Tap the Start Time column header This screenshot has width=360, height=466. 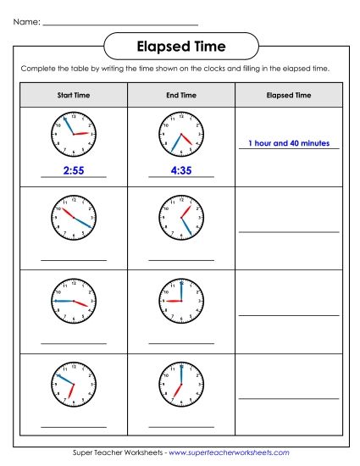[73, 96]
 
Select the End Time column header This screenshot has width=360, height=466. [181, 96]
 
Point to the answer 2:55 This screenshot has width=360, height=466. [74, 170]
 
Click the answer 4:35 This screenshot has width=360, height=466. [181, 170]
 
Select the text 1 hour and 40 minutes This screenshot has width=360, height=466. [289, 143]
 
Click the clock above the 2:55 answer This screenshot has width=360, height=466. [74, 133]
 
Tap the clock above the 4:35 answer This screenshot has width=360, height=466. [181, 133]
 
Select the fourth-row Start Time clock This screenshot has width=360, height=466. [74, 383]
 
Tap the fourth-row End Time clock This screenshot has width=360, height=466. [181, 383]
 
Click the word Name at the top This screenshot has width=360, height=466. [26, 22]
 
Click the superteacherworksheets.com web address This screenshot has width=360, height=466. [229, 453]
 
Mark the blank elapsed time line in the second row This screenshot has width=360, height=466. [289, 230]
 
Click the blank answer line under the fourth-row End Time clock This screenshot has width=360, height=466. [181, 426]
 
